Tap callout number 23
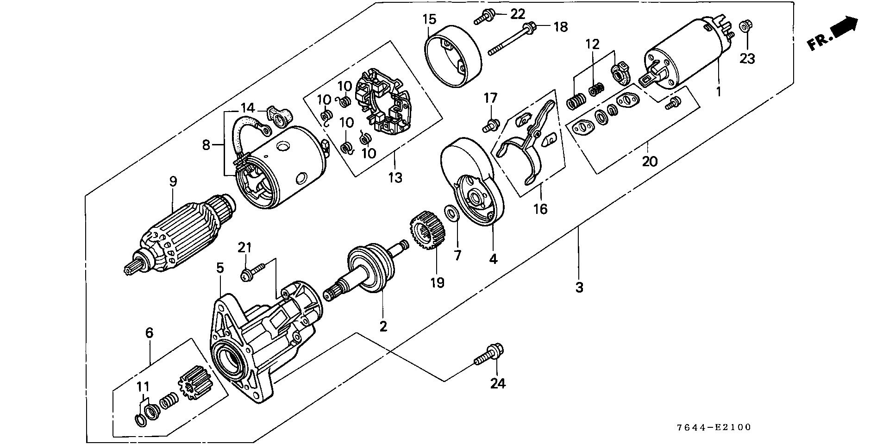tap(747, 59)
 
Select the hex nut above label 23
tap(745, 26)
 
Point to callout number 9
tap(173, 181)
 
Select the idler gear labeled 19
tap(426, 230)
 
